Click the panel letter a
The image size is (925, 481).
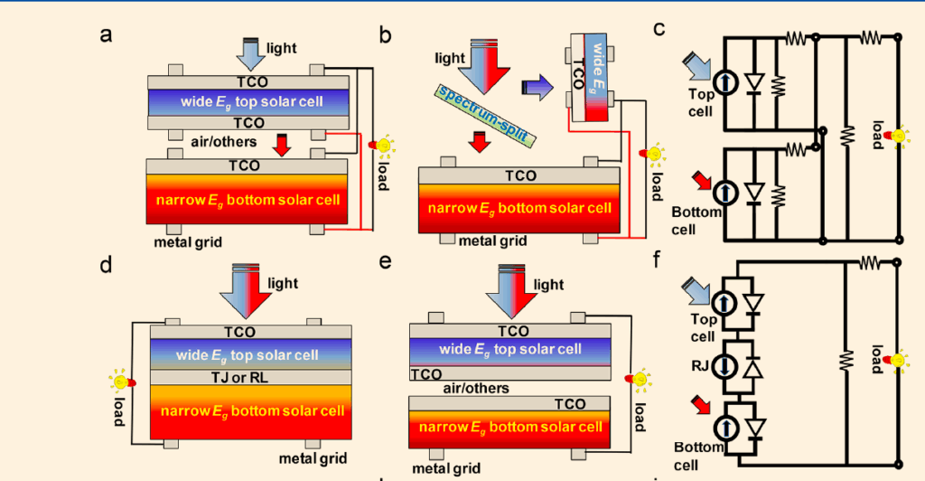(x=107, y=35)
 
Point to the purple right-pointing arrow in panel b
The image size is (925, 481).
(x=539, y=87)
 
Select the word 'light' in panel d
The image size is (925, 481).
(x=283, y=284)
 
